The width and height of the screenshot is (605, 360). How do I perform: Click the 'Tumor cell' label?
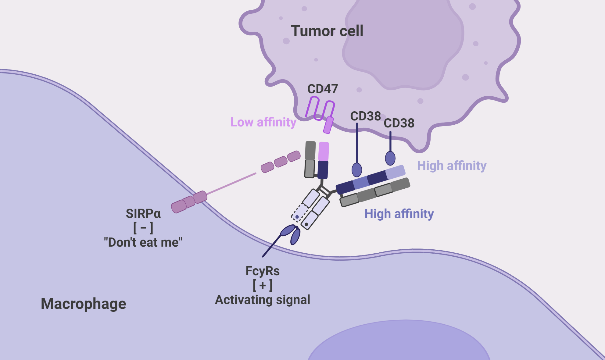tap(327, 31)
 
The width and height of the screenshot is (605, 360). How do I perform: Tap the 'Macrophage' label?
tap(83, 304)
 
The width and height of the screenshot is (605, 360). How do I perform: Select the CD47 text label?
tap(322, 89)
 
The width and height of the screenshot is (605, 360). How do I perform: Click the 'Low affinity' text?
tap(263, 122)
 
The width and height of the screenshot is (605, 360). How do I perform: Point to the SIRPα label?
tap(143, 213)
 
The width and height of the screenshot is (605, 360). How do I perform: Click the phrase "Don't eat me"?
tap(143, 242)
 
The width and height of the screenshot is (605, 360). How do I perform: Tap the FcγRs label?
tap(263, 271)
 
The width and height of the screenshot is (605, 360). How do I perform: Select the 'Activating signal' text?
tap(263, 300)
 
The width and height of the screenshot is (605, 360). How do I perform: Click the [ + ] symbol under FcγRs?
tap(263, 285)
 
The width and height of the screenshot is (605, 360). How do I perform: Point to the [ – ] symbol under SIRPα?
tap(143, 228)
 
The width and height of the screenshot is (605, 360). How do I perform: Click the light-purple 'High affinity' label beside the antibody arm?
tap(452, 166)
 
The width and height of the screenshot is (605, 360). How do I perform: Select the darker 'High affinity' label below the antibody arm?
tap(399, 214)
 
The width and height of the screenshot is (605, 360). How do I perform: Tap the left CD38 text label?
tap(365, 116)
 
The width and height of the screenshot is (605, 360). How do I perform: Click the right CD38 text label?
tap(399, 123)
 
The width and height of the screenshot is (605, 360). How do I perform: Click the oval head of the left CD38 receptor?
tap(357, 170)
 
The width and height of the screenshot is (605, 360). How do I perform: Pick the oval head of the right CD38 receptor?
tap(390, 158)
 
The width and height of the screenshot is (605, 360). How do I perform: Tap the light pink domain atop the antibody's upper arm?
tap(324, 151)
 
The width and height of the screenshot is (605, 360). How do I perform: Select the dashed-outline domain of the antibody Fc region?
tap(299, 212)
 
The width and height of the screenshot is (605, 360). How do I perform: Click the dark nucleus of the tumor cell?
tap(403, 46)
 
